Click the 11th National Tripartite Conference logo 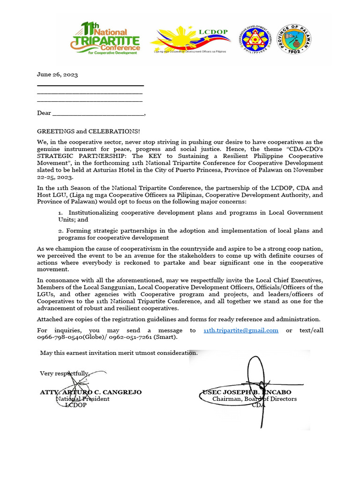105,39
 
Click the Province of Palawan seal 294,39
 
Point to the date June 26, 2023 57,75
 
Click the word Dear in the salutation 44,113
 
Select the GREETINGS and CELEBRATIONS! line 88,131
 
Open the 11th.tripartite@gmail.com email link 241,330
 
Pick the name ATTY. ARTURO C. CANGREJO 91,392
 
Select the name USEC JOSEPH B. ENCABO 247,392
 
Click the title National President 82,399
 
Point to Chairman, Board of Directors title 254,399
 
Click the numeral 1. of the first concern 61,213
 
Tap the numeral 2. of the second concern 61,231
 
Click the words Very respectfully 64,374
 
